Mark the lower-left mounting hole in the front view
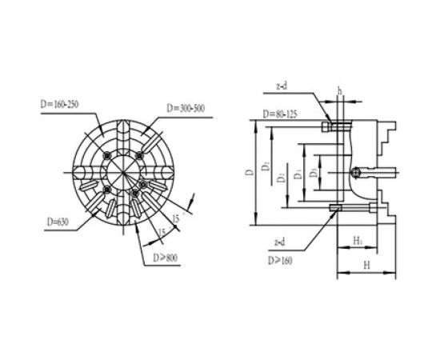coord(106,189)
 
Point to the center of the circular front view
coord(123,171)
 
